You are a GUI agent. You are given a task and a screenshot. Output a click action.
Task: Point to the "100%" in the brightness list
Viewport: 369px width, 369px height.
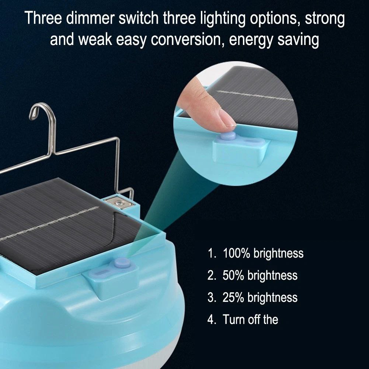click(x=236, y=253)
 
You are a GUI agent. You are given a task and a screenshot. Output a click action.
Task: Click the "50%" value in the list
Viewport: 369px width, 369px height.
click(x=233, y=275)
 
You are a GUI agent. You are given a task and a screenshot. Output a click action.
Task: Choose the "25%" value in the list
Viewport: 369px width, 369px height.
click(x=233, y=297)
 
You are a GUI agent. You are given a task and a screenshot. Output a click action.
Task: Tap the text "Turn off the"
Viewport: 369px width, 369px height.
click(x=250, y=320)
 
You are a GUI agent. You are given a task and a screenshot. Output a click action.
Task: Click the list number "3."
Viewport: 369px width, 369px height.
click(x=212, y=297)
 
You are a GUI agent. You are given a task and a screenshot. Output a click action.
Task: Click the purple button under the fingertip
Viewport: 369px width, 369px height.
click(x=227, y=136)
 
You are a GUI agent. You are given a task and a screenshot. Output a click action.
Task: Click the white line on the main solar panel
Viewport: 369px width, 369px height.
click(x=49, y=223)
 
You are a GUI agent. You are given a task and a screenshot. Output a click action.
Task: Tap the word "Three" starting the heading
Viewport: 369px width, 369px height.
click(x=43, y=18)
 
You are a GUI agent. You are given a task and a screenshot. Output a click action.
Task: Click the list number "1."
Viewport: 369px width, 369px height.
click(x=212, y=253)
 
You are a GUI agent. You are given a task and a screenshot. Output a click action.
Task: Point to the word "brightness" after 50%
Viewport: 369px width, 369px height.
click(x=272, y=275)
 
